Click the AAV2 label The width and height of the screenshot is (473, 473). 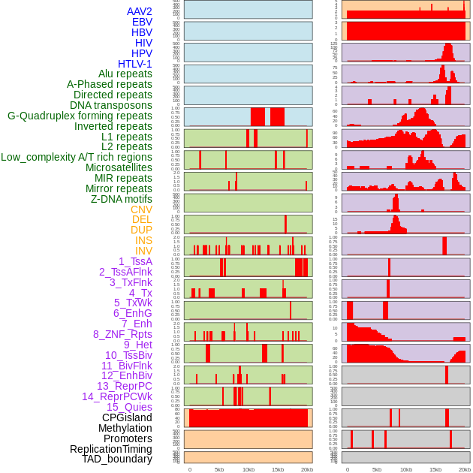pos(140,11)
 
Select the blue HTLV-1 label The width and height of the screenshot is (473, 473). pos(135,64)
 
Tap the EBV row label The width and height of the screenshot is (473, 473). pos(142,22)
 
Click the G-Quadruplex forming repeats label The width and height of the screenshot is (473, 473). pos(80,116)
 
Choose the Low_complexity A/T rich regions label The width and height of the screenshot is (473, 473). pos(77,157)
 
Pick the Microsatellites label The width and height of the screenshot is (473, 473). pos(119,167)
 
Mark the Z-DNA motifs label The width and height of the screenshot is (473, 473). pos(122,199)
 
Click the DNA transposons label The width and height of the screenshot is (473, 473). pos(111,105)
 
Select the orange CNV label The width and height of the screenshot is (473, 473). pos(141,209)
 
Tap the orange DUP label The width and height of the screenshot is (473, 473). pos(141,230)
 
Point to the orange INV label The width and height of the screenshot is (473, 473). pos(143,251)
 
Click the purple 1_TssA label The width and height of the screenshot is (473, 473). pos(135,261)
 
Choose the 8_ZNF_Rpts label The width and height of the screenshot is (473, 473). pos(122,334)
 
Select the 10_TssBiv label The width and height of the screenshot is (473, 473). pos(128,355)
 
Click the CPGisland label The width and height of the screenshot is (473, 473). pos(127,417)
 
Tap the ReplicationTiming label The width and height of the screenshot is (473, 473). pos(110,449)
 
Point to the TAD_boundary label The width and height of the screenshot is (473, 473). pos(117,459)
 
